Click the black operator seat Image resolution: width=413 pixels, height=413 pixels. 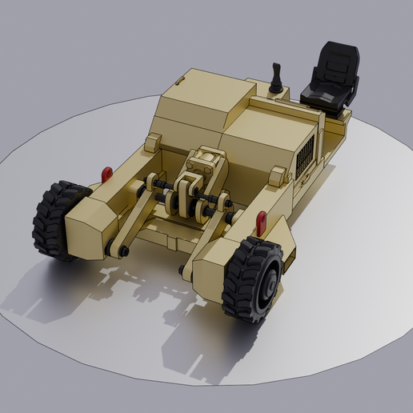(331, 78)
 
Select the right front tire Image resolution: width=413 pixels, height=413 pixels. (251, 279)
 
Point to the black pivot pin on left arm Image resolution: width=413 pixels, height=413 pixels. (125, 252)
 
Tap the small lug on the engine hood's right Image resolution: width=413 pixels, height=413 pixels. (278, 175)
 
